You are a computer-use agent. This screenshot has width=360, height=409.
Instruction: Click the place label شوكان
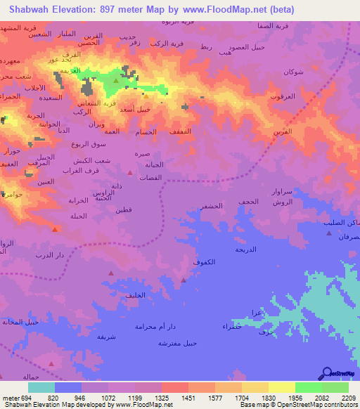coord(293,72)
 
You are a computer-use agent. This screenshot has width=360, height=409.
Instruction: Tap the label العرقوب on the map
coord(281,96)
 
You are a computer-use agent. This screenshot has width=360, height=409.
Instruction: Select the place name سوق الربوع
coord(84,144)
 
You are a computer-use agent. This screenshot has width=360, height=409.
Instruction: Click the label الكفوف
coord(204,261)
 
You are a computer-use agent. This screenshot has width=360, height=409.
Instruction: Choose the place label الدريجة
coord(245,249)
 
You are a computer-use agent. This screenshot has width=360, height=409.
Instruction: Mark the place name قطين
coord(124,209)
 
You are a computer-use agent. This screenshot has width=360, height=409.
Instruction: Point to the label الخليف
coord(134,294)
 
